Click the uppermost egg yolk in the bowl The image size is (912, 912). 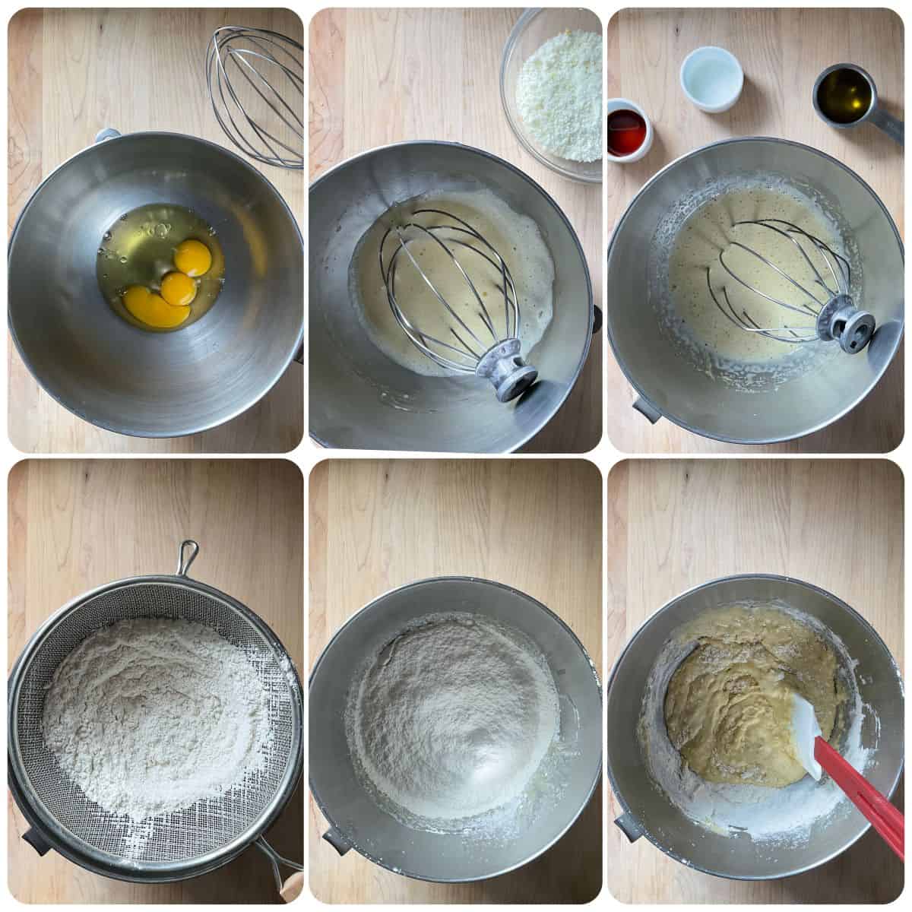(x=193, y=257)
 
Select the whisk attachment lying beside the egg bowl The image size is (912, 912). (x=256, y=95)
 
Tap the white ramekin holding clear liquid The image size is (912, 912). (x=711, y=78)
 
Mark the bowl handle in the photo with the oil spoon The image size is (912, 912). (x=647, y=410)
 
